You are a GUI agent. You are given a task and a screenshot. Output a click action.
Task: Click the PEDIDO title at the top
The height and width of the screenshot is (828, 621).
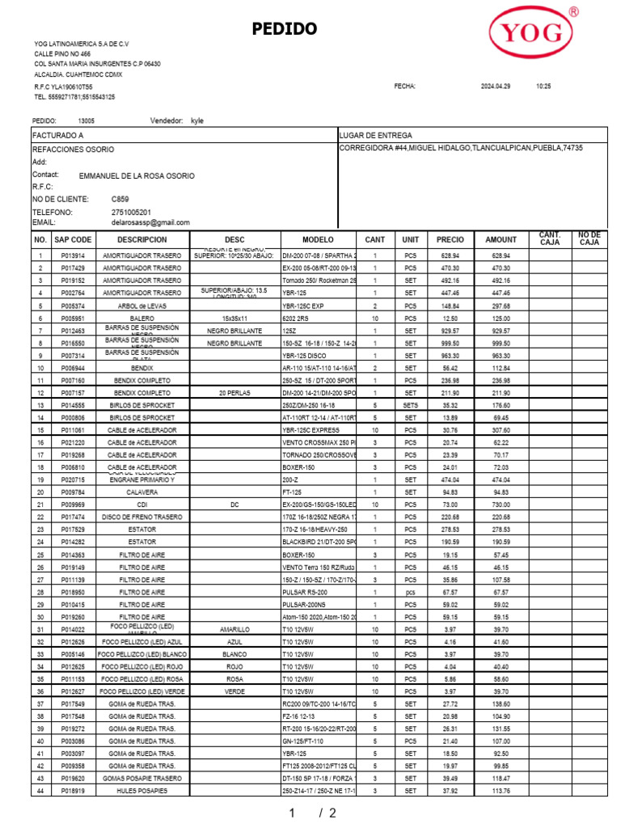point(284,30)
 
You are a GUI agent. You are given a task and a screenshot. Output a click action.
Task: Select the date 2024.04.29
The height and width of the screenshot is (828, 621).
point(496,86)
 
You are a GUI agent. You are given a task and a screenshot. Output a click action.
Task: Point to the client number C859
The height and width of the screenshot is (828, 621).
point(120,198)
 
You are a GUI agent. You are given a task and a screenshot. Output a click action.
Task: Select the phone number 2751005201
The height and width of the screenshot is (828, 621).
point(131,212)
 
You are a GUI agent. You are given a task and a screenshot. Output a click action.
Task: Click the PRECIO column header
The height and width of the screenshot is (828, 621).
point(450,240)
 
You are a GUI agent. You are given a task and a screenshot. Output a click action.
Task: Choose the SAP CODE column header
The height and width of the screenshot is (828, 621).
point(73,240)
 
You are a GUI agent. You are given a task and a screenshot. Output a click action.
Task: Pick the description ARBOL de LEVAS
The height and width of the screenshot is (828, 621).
point(142,306)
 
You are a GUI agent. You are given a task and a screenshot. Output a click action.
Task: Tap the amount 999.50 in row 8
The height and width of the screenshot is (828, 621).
point(501,343)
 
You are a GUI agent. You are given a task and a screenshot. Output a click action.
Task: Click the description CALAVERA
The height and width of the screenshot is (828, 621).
point(142,492)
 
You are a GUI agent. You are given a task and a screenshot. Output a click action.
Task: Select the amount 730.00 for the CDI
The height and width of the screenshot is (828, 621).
point(501,505)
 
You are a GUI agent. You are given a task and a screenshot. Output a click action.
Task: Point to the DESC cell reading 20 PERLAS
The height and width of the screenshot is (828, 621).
point(234,393)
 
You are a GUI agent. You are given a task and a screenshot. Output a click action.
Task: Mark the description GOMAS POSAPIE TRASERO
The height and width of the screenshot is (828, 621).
point(142,778)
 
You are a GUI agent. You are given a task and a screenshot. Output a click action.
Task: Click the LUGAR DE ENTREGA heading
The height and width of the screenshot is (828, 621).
point(376,135)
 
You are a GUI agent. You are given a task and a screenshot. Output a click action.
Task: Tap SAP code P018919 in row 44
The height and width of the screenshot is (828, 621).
point(73,791)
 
